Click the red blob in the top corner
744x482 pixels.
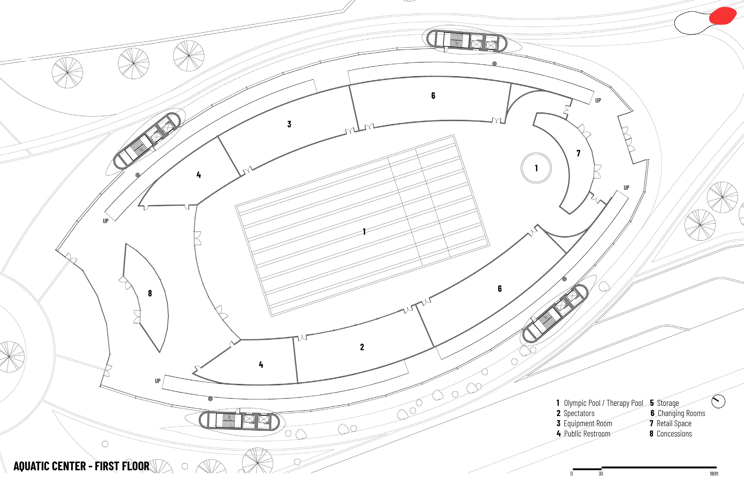pos(722,16)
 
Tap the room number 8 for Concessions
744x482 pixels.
pos(150,293)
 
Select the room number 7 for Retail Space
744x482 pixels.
pos(578,153)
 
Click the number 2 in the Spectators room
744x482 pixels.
pos(362,347)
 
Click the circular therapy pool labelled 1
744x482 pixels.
pos(536,168)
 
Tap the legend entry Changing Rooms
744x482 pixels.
pos(681,413)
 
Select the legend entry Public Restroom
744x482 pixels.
pos(587,434)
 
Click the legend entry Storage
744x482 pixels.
pos(668,403)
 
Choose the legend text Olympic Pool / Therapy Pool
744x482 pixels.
pos(603,403)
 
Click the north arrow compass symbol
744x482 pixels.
pos(718,402)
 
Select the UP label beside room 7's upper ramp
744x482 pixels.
pos(598,101)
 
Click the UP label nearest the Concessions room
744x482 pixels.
pos(106,221)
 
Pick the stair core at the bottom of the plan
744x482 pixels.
pos(239,421)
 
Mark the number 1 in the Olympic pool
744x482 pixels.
pos(364,232)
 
